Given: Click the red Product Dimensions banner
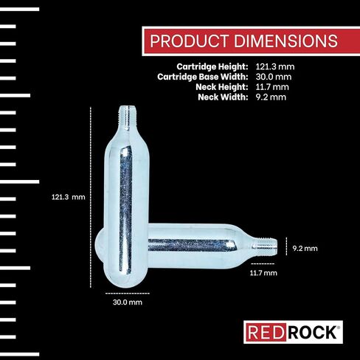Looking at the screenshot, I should [x=244, y=41].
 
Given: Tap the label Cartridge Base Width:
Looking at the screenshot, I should [x=202, y=77].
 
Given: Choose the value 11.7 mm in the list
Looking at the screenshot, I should [x=271, y=86].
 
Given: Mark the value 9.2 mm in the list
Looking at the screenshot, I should [x=270, y=96].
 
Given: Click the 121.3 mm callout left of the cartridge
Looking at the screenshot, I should [x=69, y=198].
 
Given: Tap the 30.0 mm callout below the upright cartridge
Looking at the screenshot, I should [x=127, y=302].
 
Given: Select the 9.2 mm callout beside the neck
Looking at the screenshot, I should [x=305, y=249].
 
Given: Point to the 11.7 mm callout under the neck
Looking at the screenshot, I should [x=263, y=273].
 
